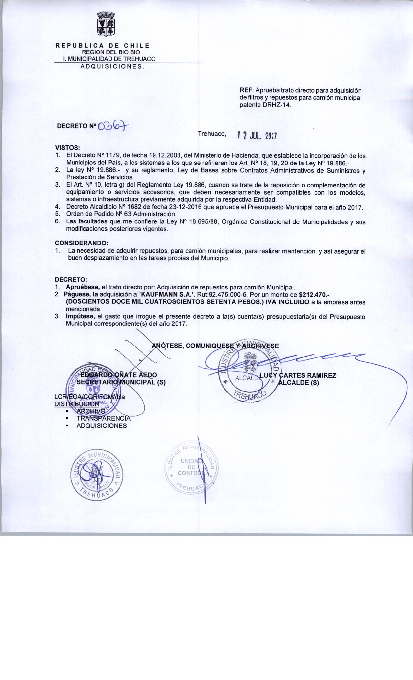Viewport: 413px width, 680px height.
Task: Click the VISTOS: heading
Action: point(65,147)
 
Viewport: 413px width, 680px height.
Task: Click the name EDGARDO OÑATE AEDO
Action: point(119,375)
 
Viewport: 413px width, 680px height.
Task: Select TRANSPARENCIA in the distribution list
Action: point(103,418)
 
